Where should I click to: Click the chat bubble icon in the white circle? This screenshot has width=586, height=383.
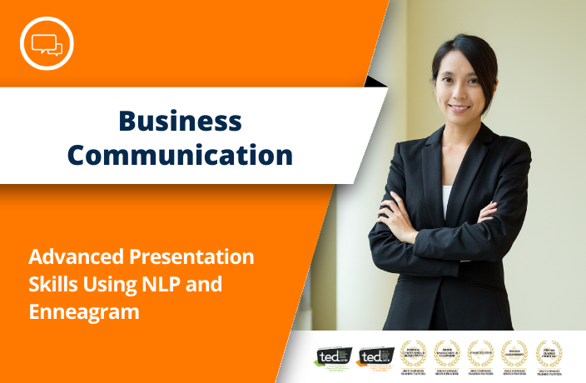(47, 42)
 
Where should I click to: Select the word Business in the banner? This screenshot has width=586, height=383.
(180, 121)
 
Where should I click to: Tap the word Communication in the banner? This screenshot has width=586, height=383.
(180, 155)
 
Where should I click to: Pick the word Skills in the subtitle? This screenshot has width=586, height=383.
(52, 285)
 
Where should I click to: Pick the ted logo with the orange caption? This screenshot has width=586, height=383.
(375, 356)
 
